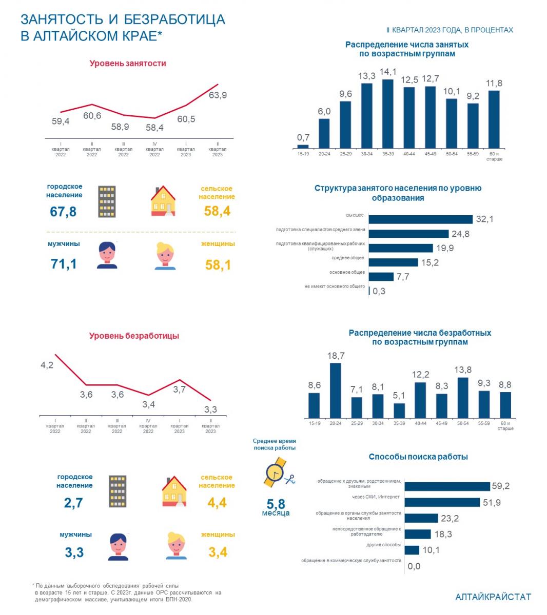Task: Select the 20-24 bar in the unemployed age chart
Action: coord(336,391)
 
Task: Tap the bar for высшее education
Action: coord(420,219)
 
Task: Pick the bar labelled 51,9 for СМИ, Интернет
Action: coord(442,502)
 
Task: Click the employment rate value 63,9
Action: coord(218,95)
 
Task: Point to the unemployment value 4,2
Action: coord(47,365)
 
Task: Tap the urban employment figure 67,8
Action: coord(63,211)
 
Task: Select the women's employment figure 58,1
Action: coord(218,264)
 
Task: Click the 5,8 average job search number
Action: coord(276,504)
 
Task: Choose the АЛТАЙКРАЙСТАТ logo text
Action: coord(493,597)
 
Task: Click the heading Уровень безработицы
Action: coord(134,336)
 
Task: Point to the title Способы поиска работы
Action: coord(418,457)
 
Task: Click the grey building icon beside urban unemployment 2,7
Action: coord(118,491)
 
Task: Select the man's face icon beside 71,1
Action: coord(107,255)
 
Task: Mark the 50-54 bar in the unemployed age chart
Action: coord(462,398)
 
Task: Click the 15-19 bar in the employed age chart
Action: coord(303,146)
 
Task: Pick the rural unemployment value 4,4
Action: coord(217,503)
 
